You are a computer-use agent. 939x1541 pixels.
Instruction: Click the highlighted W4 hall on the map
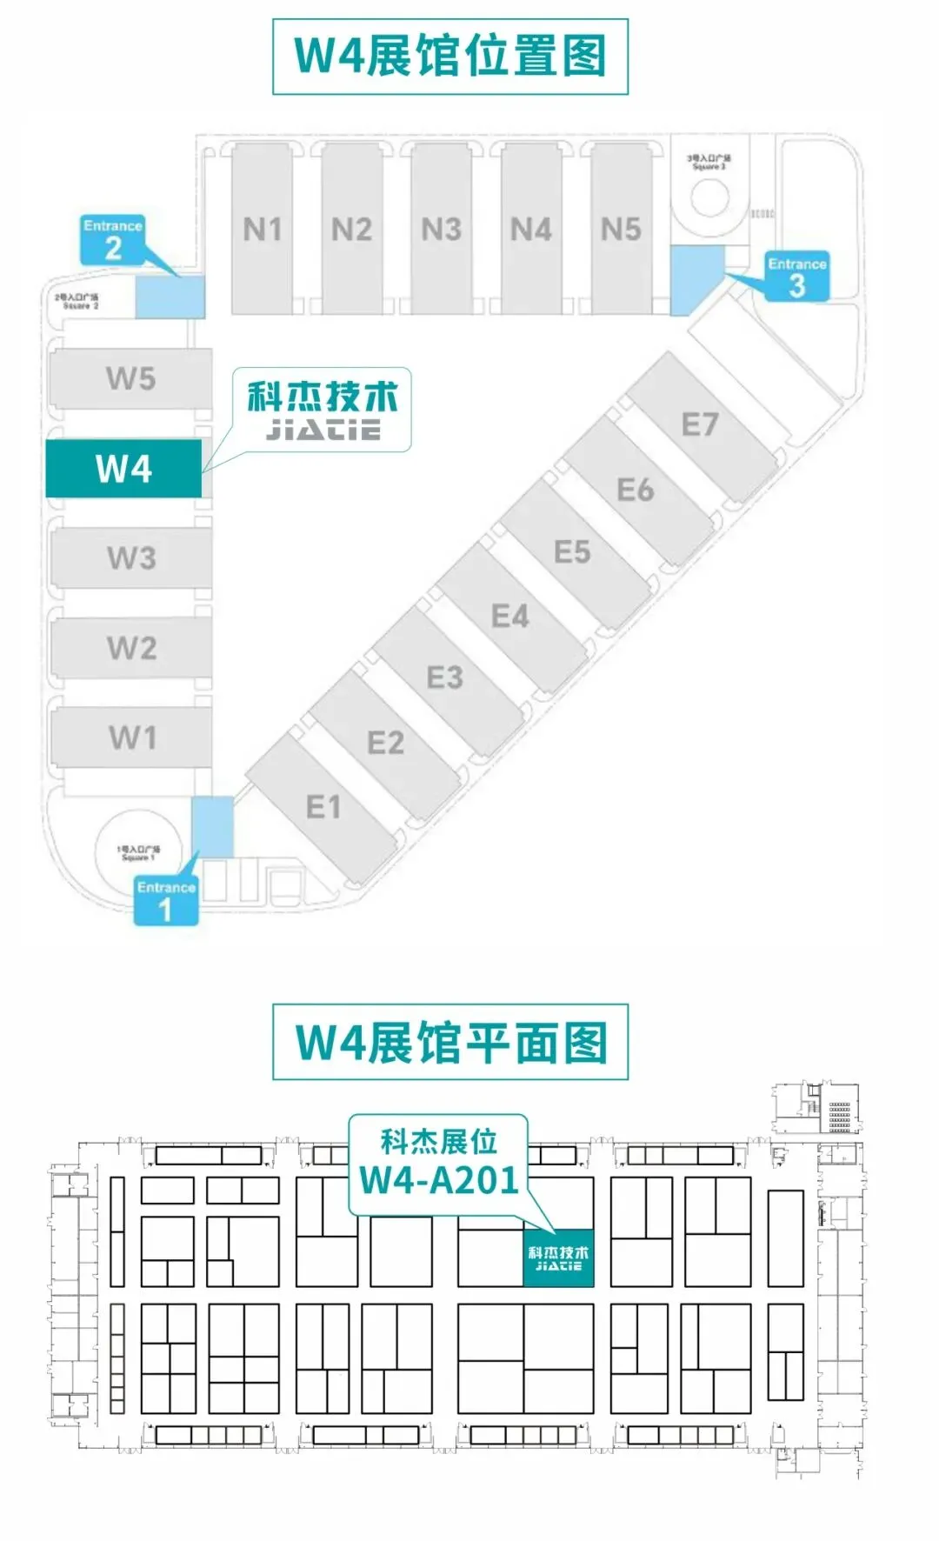123,469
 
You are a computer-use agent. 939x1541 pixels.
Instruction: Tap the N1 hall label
262,230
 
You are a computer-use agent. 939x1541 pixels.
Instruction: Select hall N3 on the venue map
441,230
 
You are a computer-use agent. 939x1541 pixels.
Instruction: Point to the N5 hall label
621,230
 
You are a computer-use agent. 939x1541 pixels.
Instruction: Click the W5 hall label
130,378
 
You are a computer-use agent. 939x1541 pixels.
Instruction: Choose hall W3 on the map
131,557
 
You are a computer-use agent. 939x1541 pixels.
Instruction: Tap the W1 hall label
132,737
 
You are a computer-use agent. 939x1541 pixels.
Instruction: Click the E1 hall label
323,807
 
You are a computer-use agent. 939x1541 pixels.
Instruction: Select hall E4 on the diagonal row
509,617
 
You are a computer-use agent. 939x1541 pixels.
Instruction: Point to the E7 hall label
700,424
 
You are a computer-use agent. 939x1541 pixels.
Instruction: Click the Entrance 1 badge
165,901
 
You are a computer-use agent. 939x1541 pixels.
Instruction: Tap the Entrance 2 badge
112,240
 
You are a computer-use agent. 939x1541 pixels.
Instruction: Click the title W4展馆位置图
450,57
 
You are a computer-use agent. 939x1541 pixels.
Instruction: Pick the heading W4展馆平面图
450,1042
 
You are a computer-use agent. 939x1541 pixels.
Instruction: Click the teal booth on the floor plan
558,1257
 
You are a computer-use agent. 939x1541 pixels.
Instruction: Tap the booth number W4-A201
439,1180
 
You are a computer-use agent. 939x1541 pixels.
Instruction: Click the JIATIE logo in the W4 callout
323,429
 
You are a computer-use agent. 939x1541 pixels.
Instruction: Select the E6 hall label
636,490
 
